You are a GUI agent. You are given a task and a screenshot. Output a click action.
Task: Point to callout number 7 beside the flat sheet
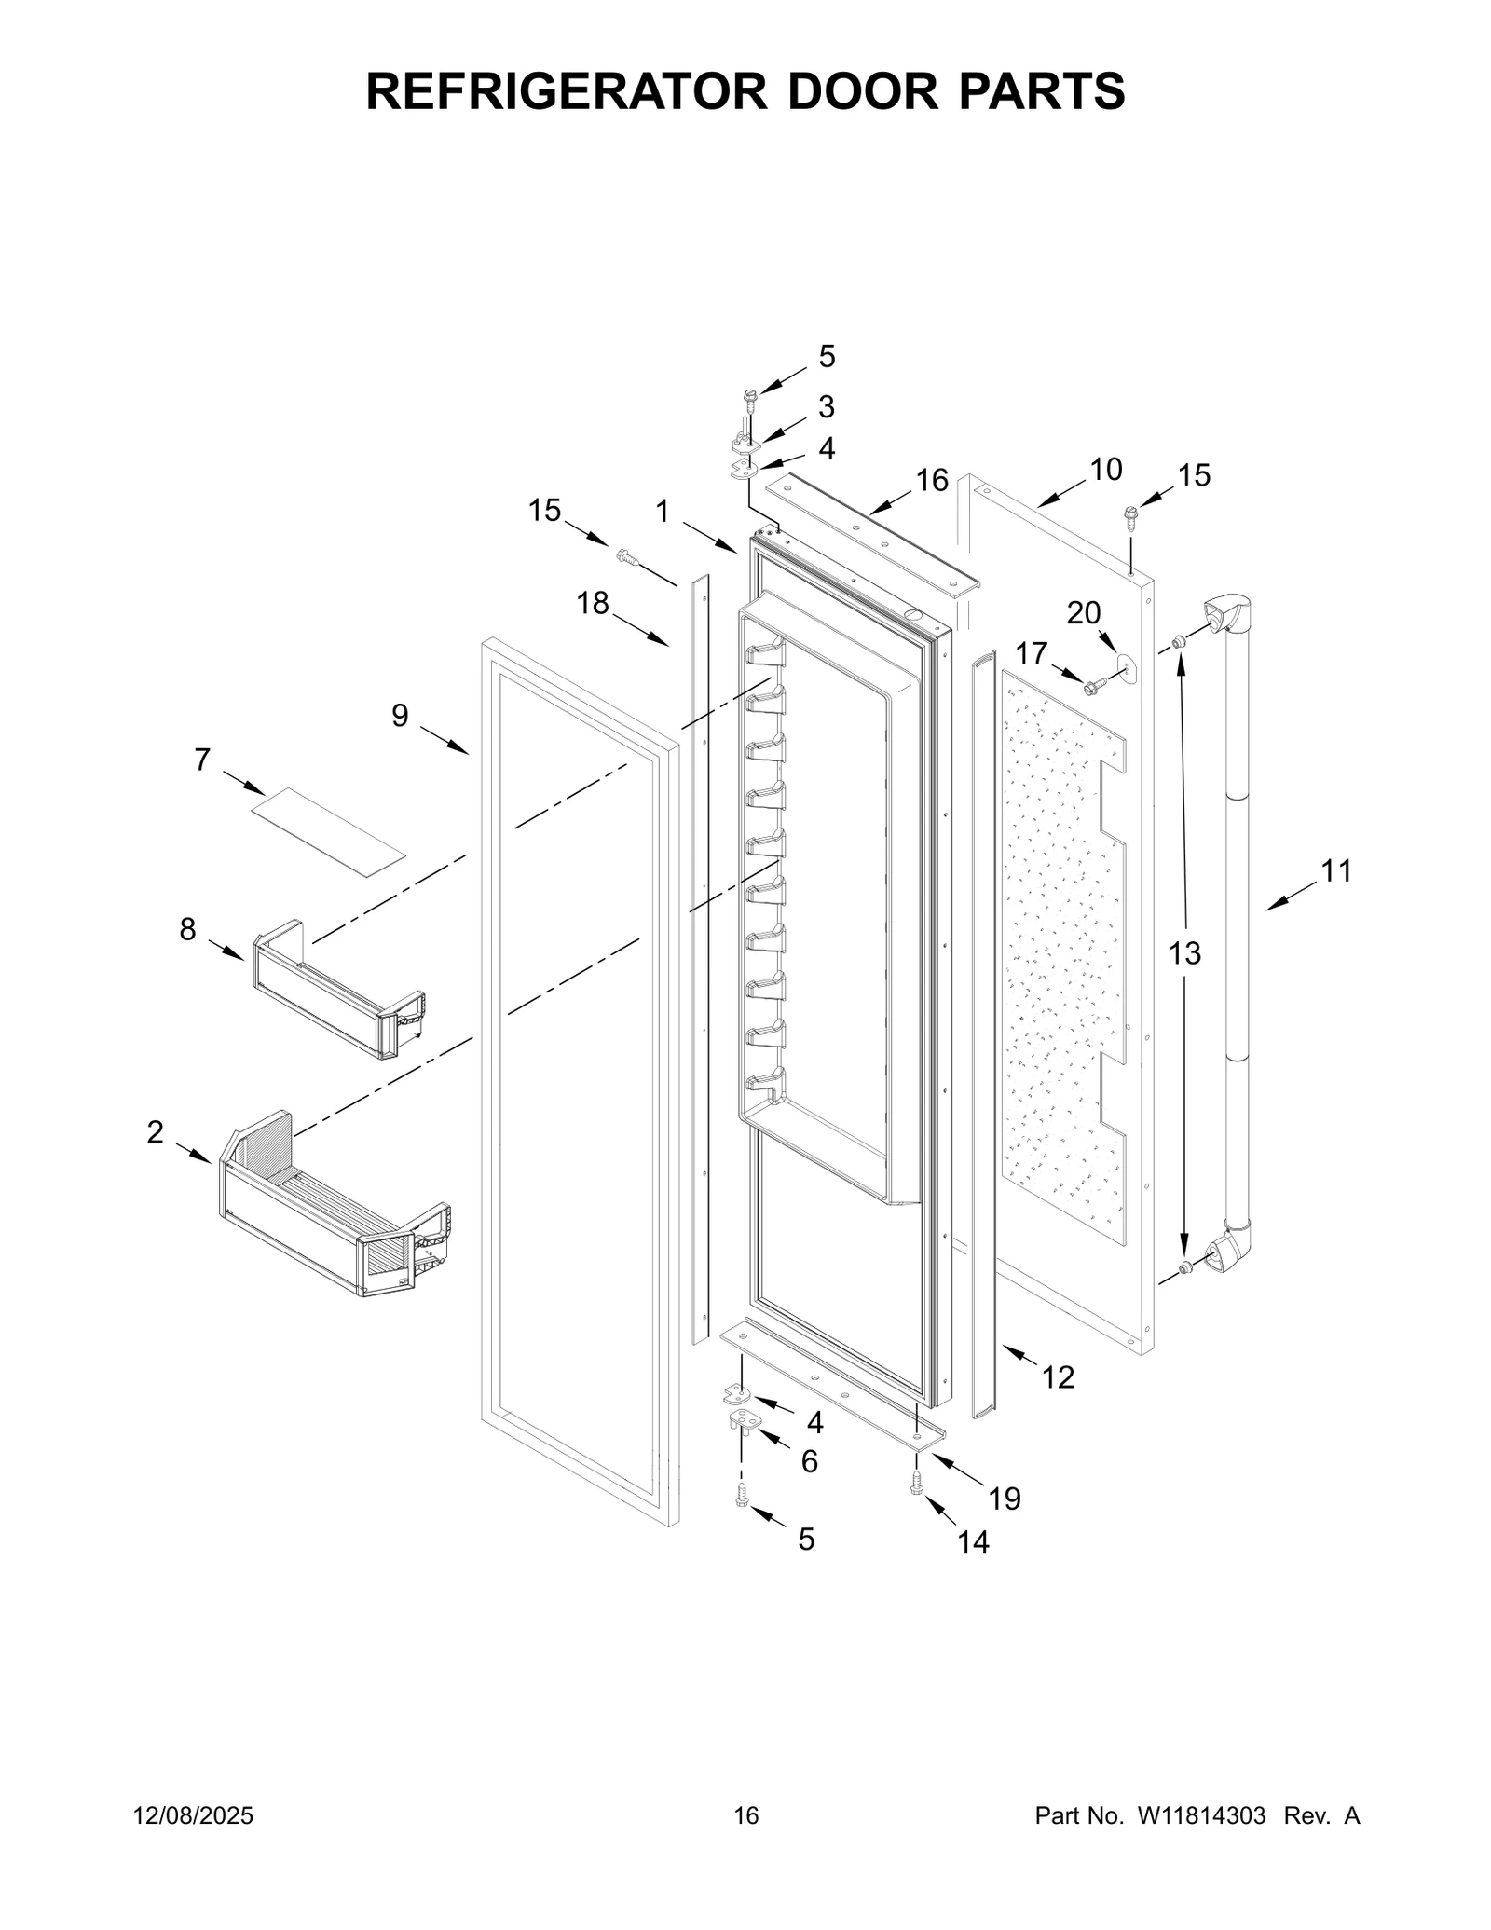(x=202, y=760)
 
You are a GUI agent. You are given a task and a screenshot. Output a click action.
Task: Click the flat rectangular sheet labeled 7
(x=328, y=832)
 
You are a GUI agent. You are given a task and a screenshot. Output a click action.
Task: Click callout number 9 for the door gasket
(x=400, y=716)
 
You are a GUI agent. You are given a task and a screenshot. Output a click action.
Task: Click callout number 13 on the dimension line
(x=1185, y=953)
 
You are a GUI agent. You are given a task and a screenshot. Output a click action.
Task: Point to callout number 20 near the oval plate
(x=1083, y=613)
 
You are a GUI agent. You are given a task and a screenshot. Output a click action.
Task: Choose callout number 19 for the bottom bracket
(x=1005, y=1499)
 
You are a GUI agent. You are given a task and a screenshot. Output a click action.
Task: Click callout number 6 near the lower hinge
(x=809, y=1462)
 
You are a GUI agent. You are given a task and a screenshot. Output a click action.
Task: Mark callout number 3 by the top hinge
(x=826, y=407)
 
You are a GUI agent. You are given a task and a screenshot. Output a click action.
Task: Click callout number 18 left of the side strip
(x=593, y=604)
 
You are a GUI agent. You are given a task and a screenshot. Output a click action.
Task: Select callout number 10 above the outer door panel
(x=1105, y=470)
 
